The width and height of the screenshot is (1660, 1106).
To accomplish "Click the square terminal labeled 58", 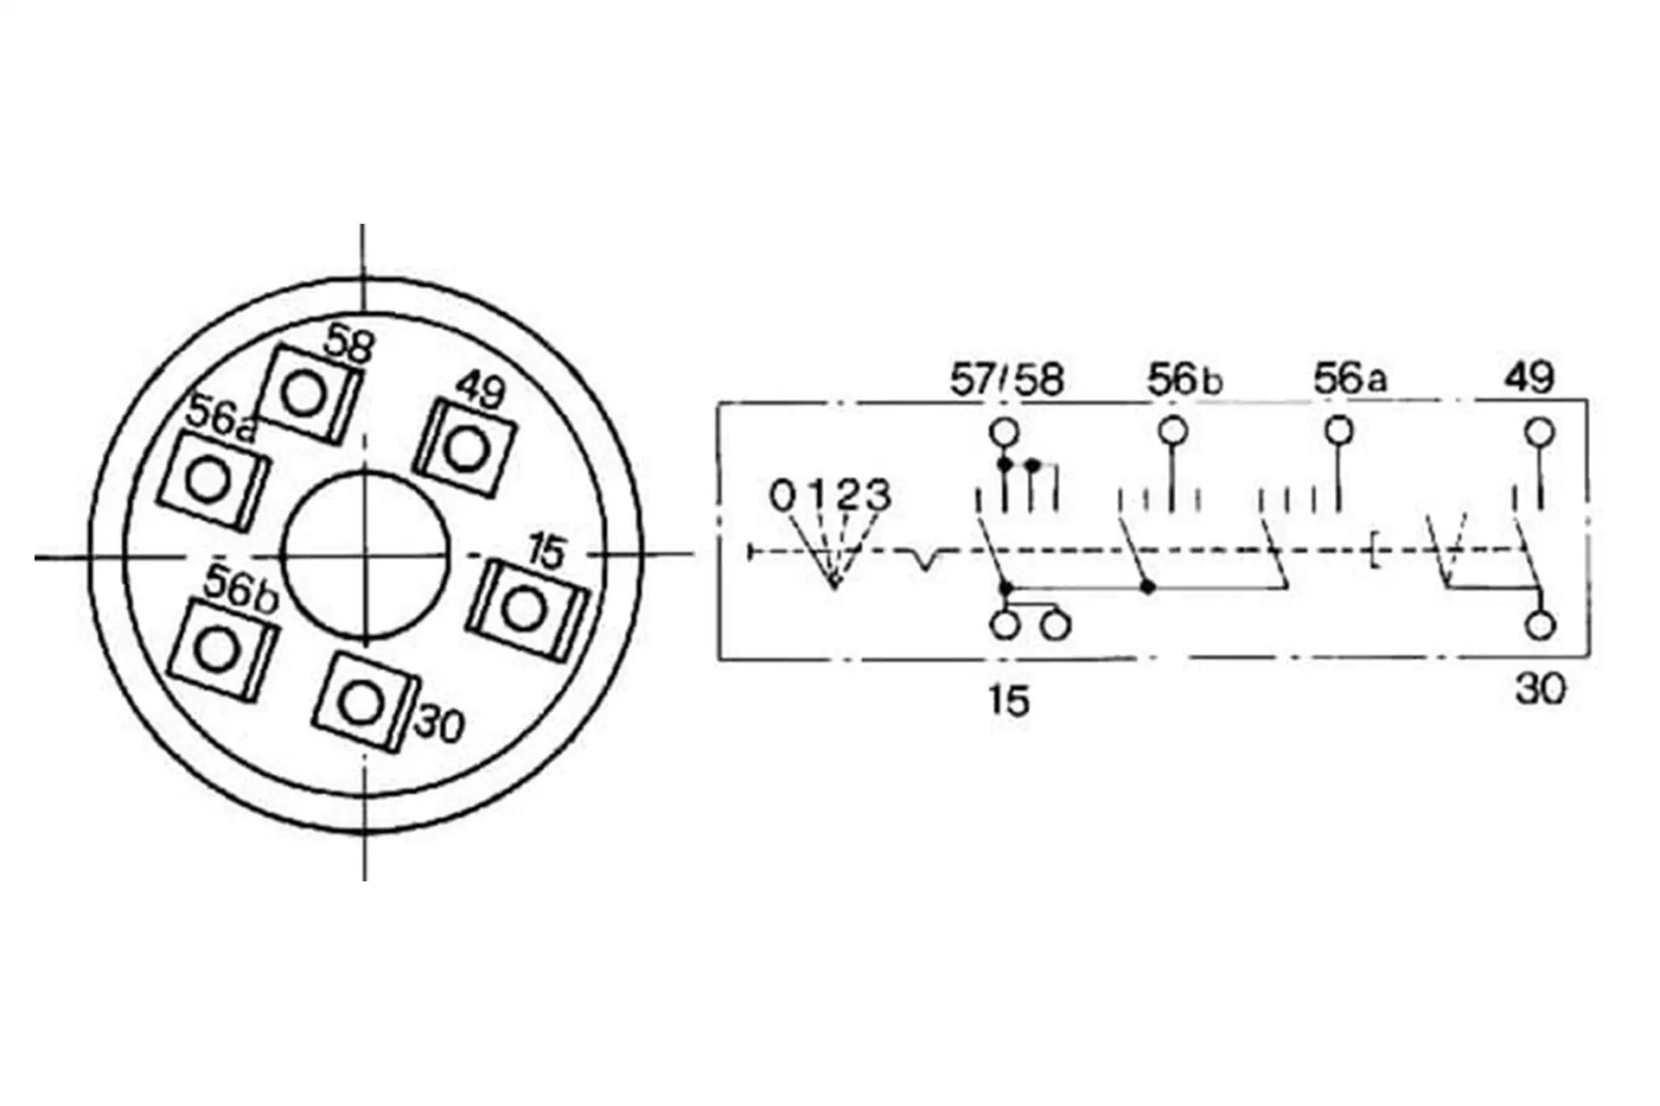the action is [310, 395].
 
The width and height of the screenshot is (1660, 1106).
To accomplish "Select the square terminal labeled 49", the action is [464, 448].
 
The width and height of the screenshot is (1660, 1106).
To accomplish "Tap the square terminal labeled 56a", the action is [214, 480].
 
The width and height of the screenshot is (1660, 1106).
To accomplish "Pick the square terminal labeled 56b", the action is [224, 649].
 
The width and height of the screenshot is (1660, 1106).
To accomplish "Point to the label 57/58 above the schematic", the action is [1006, 379].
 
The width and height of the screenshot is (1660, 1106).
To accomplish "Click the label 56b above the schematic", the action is [1184, 379].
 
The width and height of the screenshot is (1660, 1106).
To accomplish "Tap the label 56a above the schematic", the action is [1350, 378].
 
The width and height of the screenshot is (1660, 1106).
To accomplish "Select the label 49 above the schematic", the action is [1529, 377].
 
